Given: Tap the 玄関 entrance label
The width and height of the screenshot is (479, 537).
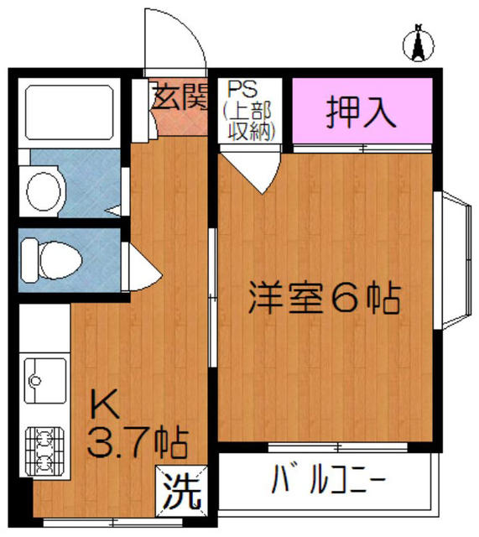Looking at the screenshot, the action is pyautogui.click(x=180, y=97).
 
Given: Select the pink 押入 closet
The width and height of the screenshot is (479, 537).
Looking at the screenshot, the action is pyautogui.click(x=363, y=110).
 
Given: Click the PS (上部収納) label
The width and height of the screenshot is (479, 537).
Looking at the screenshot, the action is pyautogui.click(x=247, y=112).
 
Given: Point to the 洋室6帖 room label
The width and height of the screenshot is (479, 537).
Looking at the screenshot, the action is pyautogui.click(x=325, y=297).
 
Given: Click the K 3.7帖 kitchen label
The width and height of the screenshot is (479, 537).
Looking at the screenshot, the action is pyautogui.click(x=138, y=428).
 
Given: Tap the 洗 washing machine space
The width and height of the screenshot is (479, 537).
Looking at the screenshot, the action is pyautogui.click(x=181, y=492).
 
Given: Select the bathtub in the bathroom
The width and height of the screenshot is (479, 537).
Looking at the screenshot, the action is pyautogui.click(x=70, y=113).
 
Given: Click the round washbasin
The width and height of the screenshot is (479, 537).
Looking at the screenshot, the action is pyautogui.click(x=44, y=191).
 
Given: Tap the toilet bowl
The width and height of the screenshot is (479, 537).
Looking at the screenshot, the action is pyautogui.click(x=51, y=261).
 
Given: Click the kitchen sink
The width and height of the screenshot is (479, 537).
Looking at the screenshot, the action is pyautogui.click(x=45, y=380).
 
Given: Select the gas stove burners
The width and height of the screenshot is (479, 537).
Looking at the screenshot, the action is pyautogui.click(x=44, y=451).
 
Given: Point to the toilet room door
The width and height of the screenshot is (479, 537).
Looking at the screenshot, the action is pyautogui.click(x=141, y=267).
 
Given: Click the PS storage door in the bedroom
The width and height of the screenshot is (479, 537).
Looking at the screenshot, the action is pyautogui.click(x=250, y=169).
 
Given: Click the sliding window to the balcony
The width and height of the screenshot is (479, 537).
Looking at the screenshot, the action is pyautogui.click(x=338, y=447).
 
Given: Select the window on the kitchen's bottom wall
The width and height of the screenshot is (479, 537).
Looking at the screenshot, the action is pyautogui.click(x=113, y=523).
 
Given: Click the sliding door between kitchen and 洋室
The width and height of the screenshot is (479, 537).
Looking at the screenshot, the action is pyautogui.click(x=213, y=297).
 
